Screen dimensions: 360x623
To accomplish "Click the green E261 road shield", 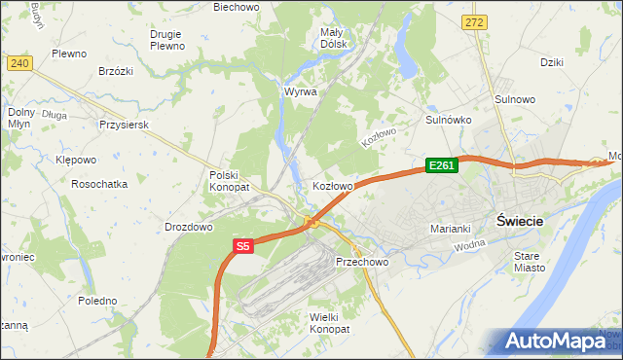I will coord(441,166).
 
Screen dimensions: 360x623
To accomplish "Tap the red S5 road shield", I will coord(243,247).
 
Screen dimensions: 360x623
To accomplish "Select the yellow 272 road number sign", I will coord(474,20).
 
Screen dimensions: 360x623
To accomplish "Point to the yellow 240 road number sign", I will coord(18,62).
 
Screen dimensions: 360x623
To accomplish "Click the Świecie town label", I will coord(519,221).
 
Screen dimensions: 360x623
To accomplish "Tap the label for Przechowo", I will coord(362,263).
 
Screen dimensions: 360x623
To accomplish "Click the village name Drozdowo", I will coord(189,227).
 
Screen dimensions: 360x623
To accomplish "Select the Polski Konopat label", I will coord(230,181).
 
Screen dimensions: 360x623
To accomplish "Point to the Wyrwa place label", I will coord(301,91).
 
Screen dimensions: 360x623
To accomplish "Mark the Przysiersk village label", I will coord(123,126).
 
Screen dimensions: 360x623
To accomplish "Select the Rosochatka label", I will coord(99,184).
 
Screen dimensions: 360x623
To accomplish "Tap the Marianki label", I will coord(451,229).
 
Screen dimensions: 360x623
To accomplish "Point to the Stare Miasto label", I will coord(531,261).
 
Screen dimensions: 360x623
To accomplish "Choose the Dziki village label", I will coord(552,62).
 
